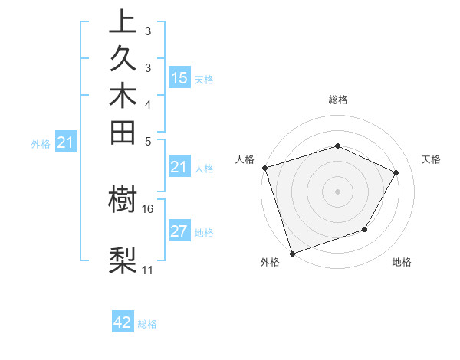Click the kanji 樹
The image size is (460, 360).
click(123, 201)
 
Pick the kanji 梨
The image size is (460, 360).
click(123, 260)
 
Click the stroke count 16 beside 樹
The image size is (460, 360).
click(147, 208)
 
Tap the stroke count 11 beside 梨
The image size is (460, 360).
click(147, 270)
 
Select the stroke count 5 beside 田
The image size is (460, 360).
click(147, 141)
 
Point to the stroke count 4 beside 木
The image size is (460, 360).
click(147, 103)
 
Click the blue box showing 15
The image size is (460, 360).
click(179, 78)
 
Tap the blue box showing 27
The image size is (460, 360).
click(179, 232)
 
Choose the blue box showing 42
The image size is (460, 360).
click(123, 322)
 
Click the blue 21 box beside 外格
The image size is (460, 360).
click(66, 142)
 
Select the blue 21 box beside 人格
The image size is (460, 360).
click(179, 168)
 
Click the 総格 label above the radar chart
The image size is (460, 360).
click(337, 100)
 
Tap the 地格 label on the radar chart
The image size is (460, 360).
click(402, 263)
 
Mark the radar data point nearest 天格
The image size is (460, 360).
click(396, 172)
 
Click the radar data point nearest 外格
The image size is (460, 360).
click(293, 253)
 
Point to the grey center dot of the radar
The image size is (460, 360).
click(337, 191)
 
